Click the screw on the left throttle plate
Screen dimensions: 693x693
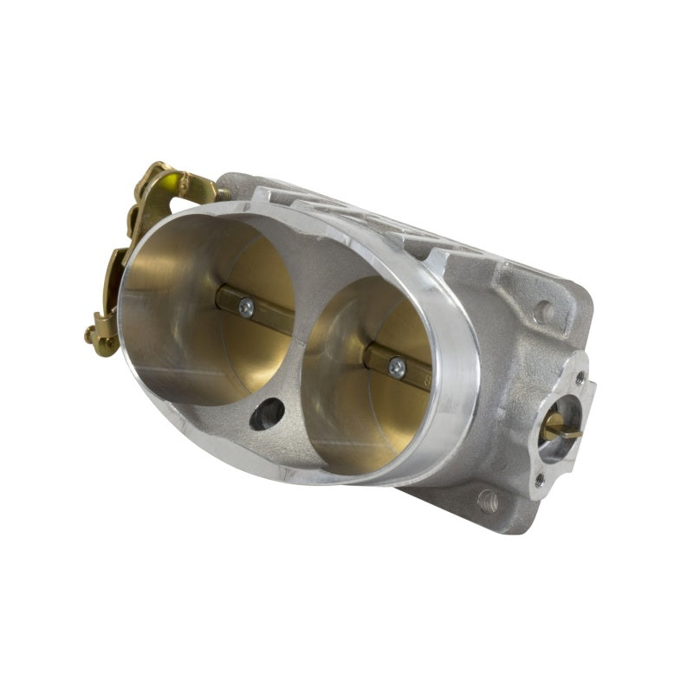(246, 306)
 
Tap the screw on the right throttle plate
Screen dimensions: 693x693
(398, 367)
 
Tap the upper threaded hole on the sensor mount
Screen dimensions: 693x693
(579, 379)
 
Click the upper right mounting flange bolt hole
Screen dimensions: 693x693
(543, 310)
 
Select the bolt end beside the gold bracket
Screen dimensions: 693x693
(223, 194)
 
